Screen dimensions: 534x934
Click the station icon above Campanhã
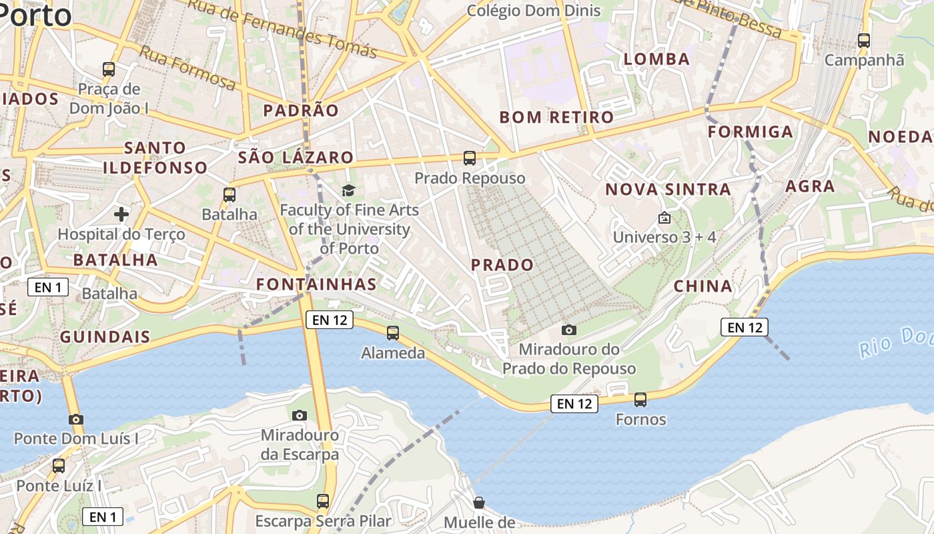tap(864, 41)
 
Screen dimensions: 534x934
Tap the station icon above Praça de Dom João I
tap(109, 69)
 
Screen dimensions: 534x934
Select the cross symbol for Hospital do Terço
tap(121, 214)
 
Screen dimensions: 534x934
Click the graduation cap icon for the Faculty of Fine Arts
tap(349, 191)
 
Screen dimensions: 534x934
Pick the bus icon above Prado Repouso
tap(470, 158)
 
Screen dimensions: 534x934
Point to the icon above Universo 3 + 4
tap(664, 218)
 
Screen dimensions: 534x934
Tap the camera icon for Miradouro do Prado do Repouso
tap(569, 330)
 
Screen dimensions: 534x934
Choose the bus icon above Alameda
tap(393, 332)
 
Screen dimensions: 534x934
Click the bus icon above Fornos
tap(640, 400)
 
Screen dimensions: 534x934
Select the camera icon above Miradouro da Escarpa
tap(300, 416)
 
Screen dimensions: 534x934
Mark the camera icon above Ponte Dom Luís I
tap(76, 420)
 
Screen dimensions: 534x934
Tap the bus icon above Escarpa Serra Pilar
tap(323, 501)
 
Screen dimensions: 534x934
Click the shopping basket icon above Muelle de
tap(478, 503)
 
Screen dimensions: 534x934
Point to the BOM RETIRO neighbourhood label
tap(556, 117)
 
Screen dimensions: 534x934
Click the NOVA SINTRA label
tap(668, 190)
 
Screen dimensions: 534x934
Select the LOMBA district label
tap(656, 59)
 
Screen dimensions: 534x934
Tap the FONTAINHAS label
tap(316, 284)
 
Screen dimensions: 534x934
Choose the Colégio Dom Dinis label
tap(534, 11)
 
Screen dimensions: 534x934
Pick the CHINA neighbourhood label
tap(703, 287)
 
